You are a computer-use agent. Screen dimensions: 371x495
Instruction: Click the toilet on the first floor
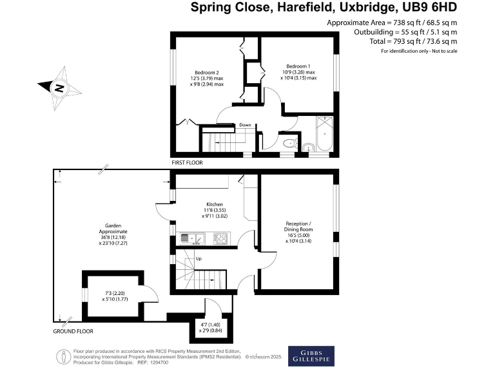[x=289, y=143]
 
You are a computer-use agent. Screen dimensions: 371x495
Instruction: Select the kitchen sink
[x=191, y=239]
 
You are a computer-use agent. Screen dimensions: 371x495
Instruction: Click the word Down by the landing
[x=245, y=125]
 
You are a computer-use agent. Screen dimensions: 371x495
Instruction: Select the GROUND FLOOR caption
[x=73, y=332]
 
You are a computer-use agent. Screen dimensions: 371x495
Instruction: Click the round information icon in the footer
[x=63, y=356]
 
